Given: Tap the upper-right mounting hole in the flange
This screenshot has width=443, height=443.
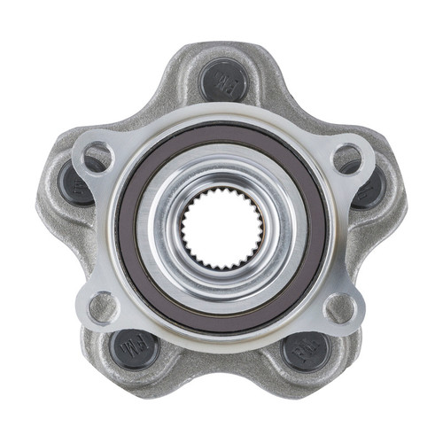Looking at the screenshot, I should coord(346,159).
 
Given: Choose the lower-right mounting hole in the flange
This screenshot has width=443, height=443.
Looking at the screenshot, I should coord(340,307).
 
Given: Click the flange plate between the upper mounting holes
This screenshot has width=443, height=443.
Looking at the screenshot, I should coord(221,120).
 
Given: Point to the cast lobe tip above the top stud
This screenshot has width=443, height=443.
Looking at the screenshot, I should coord(221,49).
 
